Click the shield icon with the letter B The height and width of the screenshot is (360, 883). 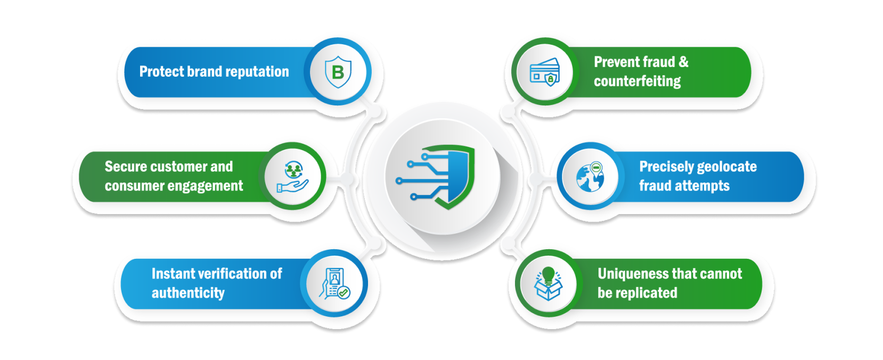click(338, 71)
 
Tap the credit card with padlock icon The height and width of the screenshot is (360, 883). click(544, 71)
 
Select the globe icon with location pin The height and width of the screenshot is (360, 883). click(590, 176)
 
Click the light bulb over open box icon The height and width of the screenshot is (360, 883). click(548, 283)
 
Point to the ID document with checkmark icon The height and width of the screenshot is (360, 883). click(336, 283)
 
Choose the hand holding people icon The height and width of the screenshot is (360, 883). click(292, 176)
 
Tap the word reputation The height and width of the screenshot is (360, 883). click(258, 72)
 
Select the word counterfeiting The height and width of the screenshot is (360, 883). click(637, 81)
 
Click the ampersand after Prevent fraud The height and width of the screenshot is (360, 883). click(683, 62)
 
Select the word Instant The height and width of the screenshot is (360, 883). click(170, 274)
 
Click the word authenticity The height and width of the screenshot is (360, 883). click(188, 293)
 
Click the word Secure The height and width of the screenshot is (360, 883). click(126, 167)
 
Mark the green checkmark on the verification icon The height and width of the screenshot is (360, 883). click(344, 292)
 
